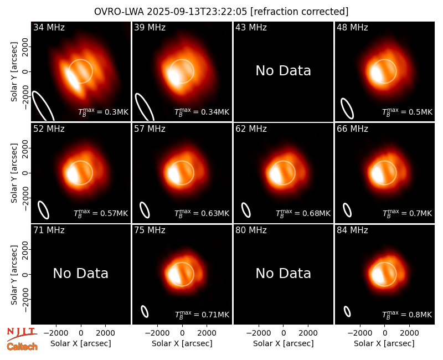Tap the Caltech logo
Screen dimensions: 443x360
(x=22, y=347)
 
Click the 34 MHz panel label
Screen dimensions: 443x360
(x=49, y=27)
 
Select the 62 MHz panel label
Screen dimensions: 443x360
(x=251, y=129)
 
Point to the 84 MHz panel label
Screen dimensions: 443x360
(x=352, y=230)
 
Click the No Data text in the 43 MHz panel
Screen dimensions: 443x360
(x=284, y=71)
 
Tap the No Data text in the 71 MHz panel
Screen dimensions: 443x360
(x=81, y=274)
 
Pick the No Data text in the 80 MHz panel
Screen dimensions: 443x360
(x=284, y=274)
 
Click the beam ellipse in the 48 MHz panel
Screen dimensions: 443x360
(x=347, y=109)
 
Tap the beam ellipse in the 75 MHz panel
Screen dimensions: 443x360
(x=145, y=311)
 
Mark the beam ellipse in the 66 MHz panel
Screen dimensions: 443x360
(x=347, y=210)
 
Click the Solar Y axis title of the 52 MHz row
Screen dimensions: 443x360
(x=14, y=173)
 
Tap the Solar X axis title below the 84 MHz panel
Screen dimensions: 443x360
(x=384, y=343)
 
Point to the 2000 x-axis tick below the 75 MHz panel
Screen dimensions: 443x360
(x=207, y=333)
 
